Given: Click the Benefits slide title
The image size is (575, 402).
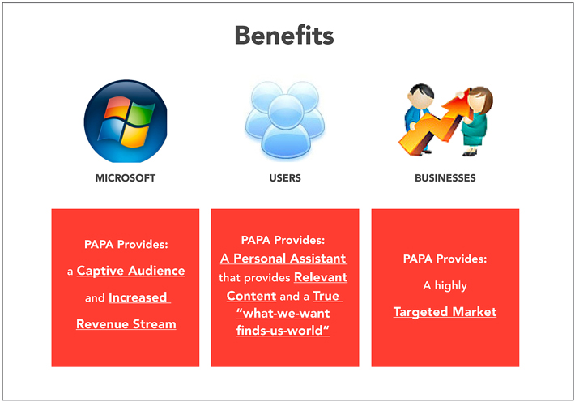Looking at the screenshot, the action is tap(284, 35).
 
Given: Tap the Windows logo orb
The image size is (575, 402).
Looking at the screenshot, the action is tap(126, 121).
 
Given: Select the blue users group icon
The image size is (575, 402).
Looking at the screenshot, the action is tap(285, 121).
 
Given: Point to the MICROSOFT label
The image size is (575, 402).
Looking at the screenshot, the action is tap(126, 178).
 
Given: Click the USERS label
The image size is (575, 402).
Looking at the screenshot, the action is tap(285, 178).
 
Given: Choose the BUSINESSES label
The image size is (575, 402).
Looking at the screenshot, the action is tap(445, 178).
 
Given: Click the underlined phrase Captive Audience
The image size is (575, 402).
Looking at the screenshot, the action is tap(131, 271).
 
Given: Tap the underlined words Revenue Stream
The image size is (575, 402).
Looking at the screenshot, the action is tap(126, 324).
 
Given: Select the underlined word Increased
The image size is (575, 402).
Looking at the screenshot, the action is tap(138, 297).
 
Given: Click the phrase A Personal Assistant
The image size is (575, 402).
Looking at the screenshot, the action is tap(283, 258).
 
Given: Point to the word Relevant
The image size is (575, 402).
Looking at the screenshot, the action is tap(321, 277).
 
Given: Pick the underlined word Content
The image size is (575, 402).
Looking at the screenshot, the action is tap(251, 296).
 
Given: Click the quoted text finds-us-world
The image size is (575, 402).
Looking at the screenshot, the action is tap(283, 330).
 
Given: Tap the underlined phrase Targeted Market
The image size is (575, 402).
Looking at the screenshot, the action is tap(445, 312).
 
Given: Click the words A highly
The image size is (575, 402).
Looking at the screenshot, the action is tap(445, 285).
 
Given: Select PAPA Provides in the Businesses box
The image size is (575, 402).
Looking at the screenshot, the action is tap(445, 259).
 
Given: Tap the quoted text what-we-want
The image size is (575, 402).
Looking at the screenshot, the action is tap(283, 313).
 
